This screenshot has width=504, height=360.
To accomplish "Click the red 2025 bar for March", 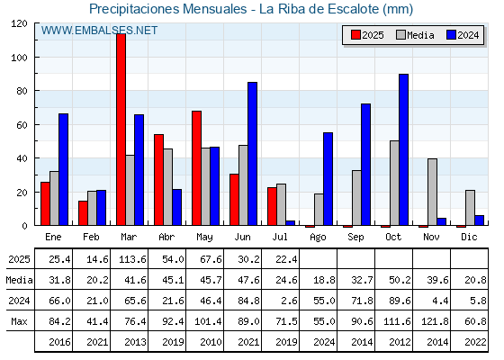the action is [121, 130].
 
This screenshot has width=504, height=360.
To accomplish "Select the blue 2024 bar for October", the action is [404, 149].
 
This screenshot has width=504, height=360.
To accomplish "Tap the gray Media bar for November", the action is [432, 192].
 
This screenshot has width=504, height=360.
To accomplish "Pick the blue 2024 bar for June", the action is [252, 154].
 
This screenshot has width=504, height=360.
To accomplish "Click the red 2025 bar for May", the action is [197, 168].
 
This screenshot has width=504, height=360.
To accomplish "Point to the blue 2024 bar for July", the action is [290, 223].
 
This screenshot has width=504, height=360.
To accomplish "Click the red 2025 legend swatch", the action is [355, 35].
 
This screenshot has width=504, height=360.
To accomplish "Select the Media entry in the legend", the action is [415, 35].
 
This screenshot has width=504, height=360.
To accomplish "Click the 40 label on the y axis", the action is [22, 158].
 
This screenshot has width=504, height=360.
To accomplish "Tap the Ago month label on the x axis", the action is [318, 238].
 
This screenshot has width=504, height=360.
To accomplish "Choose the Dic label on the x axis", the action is [469, 237].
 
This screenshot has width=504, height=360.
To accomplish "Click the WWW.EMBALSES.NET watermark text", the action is [99, 31].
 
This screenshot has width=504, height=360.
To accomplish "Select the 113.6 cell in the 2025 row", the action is [132, 259].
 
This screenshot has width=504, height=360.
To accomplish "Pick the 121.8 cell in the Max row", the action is [435, 321].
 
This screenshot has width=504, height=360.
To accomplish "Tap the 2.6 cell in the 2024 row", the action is [289, 301].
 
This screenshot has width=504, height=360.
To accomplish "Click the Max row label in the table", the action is [19, 321].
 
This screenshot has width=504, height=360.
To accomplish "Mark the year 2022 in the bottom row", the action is [475, 342].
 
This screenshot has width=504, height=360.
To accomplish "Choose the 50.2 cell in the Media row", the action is [400, 280].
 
